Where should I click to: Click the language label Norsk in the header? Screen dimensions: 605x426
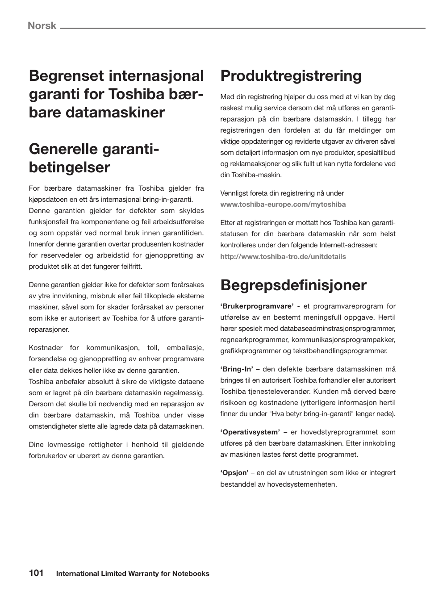42,25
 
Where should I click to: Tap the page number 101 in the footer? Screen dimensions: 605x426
36,573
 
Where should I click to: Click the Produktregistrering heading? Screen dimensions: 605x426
291,76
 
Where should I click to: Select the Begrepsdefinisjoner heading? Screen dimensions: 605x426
293,285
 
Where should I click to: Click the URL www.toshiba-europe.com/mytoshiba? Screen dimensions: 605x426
283,204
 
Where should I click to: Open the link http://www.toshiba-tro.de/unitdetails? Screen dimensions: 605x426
283,257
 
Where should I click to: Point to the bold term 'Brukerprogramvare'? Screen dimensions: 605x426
257,306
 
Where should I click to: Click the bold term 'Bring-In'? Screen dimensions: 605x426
237,369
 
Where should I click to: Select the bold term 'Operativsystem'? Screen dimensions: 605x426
250,432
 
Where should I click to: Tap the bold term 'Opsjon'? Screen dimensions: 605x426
234,473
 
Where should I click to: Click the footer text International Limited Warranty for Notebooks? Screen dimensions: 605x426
133,574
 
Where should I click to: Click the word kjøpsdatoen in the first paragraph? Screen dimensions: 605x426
48,200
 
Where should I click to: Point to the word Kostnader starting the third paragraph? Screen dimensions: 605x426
45,348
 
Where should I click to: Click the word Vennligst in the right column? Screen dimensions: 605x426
234,193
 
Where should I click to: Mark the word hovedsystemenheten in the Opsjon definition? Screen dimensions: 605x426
302,484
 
